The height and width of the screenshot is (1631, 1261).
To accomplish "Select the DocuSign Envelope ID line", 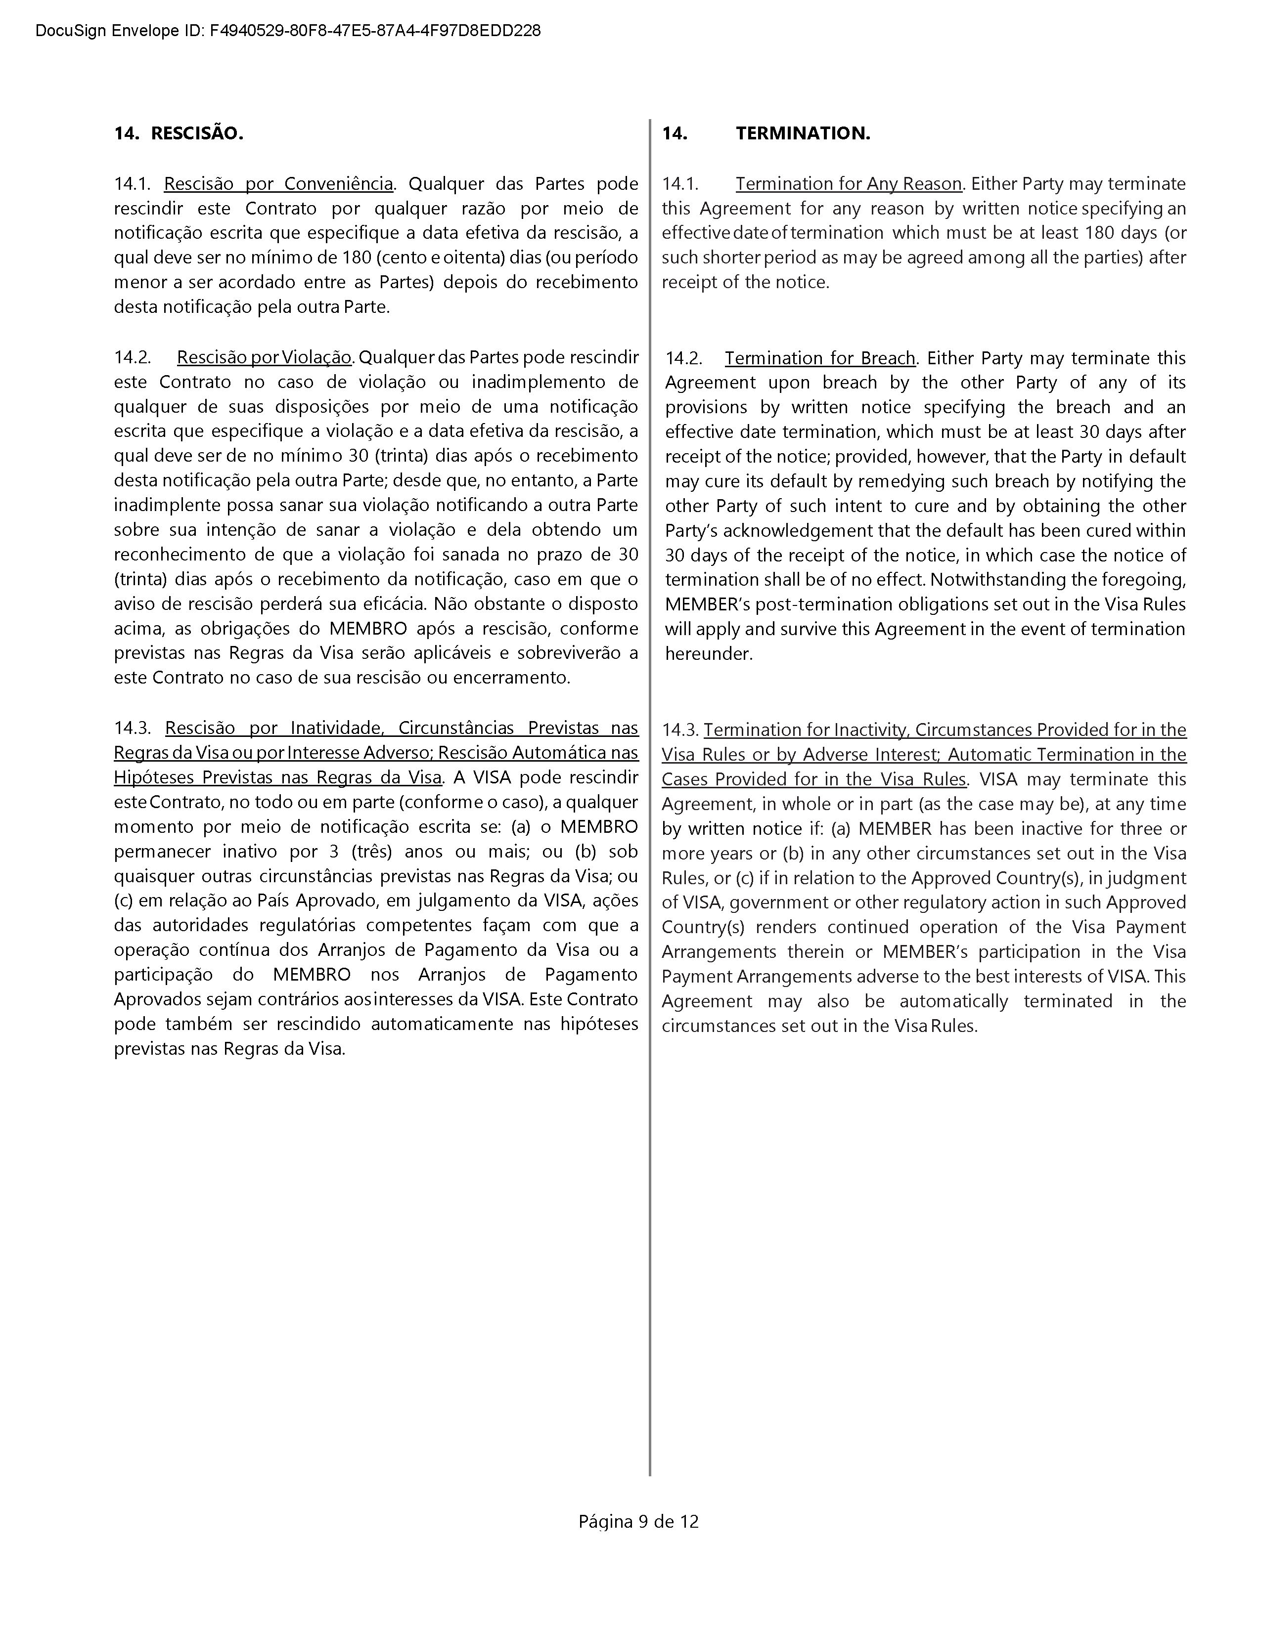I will [x=288, y=31].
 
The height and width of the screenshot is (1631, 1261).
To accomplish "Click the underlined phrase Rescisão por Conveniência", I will [x=278, y=184].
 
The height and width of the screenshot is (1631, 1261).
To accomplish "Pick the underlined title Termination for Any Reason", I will [x=848, y=184].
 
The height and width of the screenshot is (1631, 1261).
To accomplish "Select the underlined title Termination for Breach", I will [x=819, y=358].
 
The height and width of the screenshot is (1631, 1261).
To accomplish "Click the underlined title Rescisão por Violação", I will [x=264, y=358].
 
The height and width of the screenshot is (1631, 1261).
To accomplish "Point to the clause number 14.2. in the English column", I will [x=683, y=358].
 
